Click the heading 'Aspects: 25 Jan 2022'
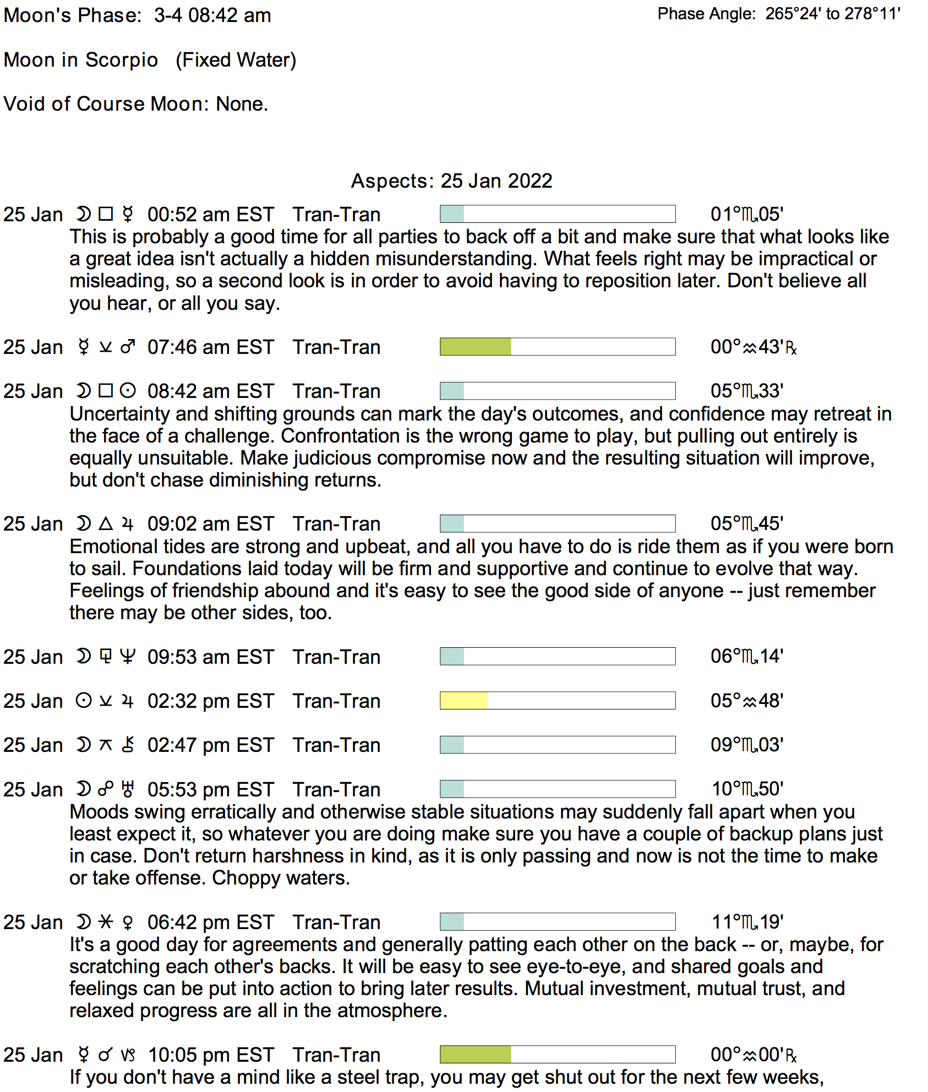click(451, 181)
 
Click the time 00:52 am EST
click(210, 215)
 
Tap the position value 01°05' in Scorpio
click(746, 214)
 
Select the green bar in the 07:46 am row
click(476, 347)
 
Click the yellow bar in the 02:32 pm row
click(463, 701)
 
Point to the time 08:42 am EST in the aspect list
click(210, 391)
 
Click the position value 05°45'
click(746, 523)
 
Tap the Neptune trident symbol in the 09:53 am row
click(128, 657)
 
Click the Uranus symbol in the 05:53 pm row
click(128, 789)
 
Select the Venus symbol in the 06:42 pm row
click(128, 922)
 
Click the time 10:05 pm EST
click(211, 1055)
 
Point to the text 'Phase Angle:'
click(706, 14)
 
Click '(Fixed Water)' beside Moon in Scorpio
click(236, 60)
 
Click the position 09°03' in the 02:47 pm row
click(746, 745)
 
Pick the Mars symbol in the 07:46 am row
click(128, 347)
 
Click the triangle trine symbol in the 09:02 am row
click(106, 523)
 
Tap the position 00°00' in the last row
click(752, 1055)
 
